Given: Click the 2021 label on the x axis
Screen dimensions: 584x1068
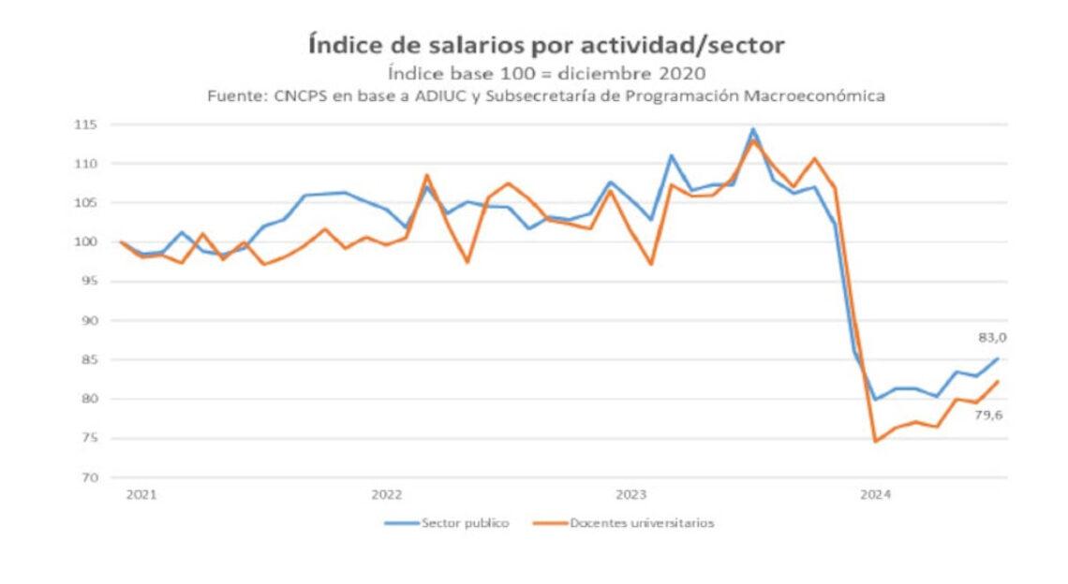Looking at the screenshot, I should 141,493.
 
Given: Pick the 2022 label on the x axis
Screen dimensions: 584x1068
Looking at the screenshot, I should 386,493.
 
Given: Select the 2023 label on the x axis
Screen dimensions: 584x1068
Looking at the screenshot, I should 631,493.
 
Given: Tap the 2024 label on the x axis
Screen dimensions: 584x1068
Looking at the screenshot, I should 876,493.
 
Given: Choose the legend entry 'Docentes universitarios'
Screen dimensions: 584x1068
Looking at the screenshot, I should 641,523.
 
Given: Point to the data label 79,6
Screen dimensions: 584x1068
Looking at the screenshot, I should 989,415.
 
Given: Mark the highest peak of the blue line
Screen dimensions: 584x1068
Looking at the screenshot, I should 752,129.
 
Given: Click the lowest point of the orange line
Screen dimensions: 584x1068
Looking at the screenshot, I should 875,441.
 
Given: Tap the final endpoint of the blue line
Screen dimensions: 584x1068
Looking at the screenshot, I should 997,358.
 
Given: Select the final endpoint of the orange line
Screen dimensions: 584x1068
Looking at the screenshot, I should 997,381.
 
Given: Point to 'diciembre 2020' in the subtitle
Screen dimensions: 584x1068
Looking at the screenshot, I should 657,74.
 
